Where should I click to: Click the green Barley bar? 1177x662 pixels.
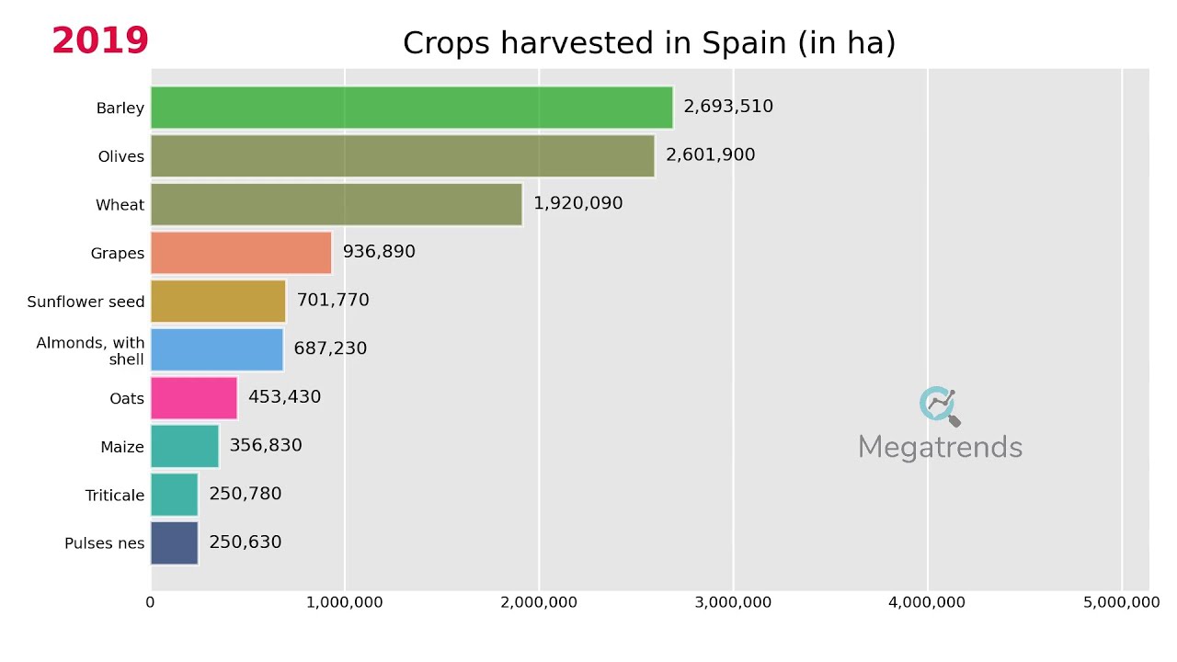411,108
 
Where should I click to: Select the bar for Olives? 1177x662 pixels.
402,156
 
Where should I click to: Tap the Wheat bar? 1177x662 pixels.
336,204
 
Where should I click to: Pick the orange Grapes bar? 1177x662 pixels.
241,253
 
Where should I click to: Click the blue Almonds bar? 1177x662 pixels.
217,349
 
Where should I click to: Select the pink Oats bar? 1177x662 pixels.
194,398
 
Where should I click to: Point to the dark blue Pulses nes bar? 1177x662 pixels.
175,542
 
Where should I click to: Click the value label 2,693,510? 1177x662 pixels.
728,107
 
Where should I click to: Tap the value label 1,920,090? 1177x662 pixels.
578,203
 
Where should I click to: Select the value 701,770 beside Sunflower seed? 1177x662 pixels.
333,301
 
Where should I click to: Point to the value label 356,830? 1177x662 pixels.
266,446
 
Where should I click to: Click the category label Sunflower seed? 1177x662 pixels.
86,302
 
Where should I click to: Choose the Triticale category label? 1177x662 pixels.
115,496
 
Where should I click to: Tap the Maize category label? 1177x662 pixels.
122,448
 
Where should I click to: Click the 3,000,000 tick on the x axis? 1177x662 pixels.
733,602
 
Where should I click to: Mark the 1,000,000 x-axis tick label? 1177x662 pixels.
345,602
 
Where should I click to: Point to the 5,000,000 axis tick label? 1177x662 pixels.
1121,602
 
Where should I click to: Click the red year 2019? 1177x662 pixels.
100,41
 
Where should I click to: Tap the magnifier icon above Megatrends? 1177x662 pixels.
939,405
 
